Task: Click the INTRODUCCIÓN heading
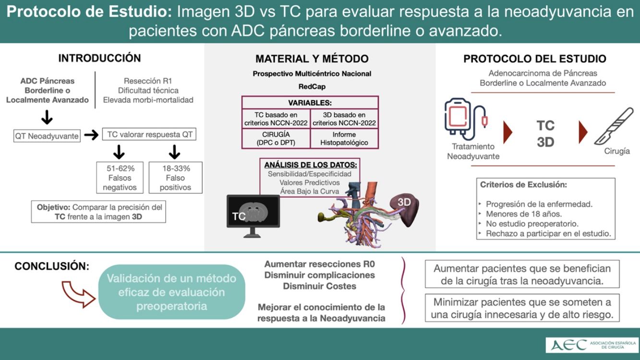tap(99, 58)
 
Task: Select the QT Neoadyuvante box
tap(47, 136)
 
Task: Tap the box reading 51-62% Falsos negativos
tap(120, 178)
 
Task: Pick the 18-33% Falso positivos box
tap(175, 178)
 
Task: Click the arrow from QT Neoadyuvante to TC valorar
tap(91, 135)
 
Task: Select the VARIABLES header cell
tap(310, 103)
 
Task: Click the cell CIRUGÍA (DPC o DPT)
tap(276, 138)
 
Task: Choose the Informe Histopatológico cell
tap(344, 138)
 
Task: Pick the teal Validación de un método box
tap(171, 292)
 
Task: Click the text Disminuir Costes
tap(319, 286)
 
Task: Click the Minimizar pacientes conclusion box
tap(522, 309)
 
